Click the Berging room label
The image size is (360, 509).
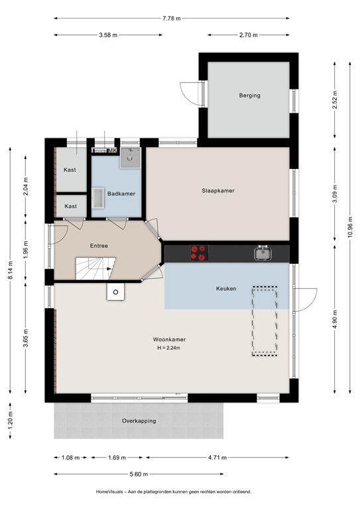[x=250, y=95]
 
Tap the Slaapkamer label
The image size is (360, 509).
[x=218, y=191]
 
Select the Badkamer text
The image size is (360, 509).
[x=121, y=194]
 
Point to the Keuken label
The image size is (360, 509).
[x=226, y=288]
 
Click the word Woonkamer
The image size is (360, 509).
[x=170, y=339]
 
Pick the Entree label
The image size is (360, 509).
[x=99, y=246]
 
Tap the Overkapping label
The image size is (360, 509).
[x=139, y=421]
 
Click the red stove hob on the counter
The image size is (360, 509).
[x=200, y=253]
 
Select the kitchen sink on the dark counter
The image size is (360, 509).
[x=263, y=253]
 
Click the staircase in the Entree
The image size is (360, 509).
[x=95, y=268]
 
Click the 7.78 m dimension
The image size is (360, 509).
[x=172, y=19]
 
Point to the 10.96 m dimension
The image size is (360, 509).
[x=350, y=227]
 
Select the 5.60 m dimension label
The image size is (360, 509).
[x=139, y=475]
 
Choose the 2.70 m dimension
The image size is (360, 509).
[x=249, y=35]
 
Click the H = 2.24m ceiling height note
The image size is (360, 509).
[x=169, y=348]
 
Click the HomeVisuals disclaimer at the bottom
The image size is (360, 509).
[x=174, y=492]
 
